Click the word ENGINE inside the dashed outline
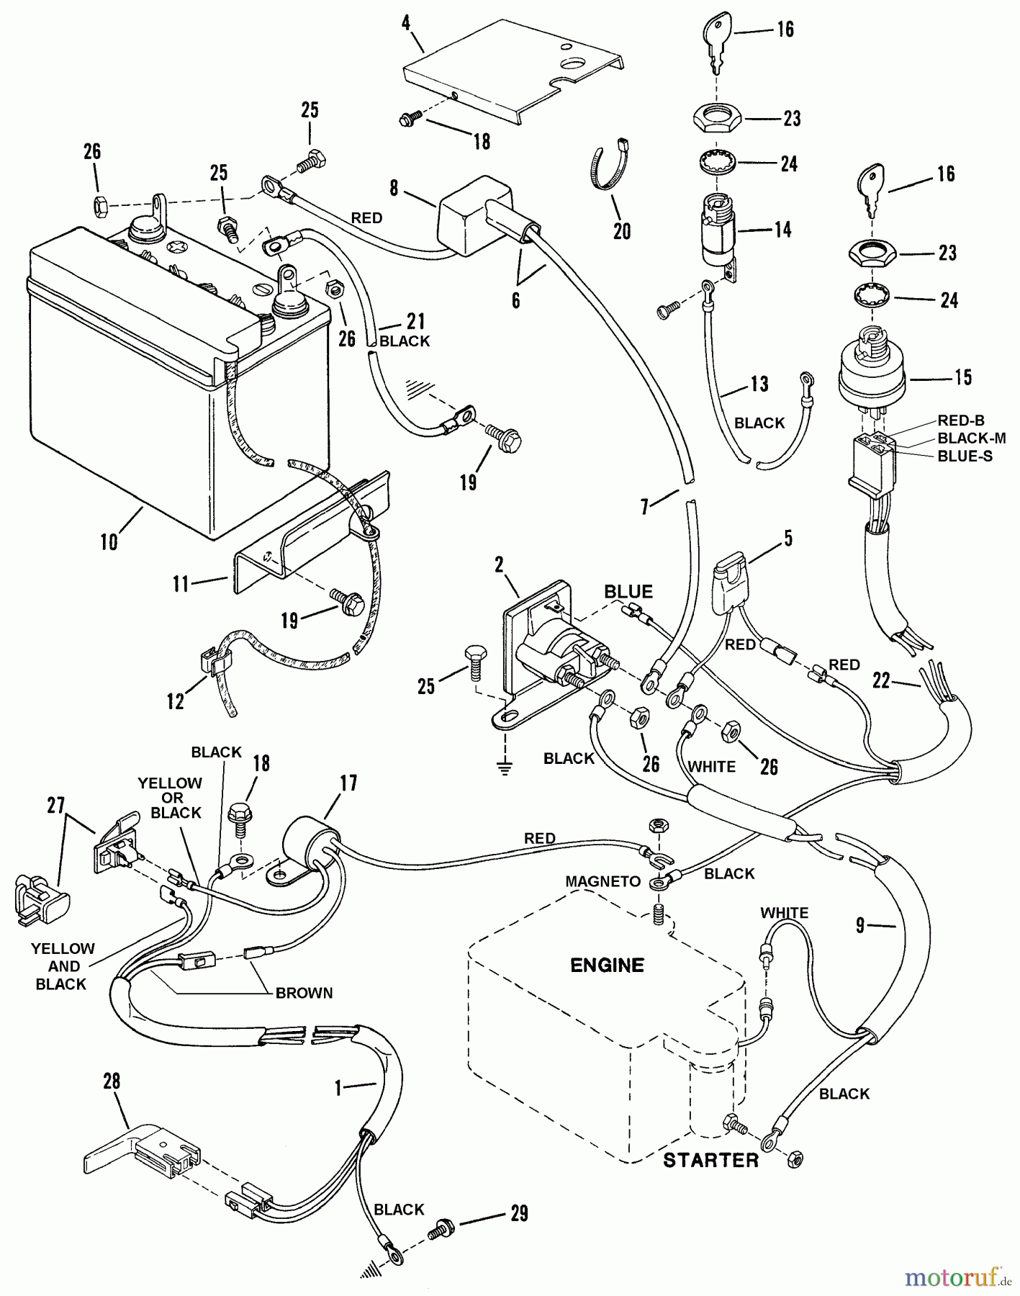tap(607, 965)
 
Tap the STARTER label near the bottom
tap(710, 1160)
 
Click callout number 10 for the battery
tap(109, 541)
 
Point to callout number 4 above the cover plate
tap(406, 22)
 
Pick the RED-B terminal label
tap(960, 420)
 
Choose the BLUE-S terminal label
tap(965, 456)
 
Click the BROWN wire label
tap(304, 993)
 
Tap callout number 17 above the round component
tap(348, 783)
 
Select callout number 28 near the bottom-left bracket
tap(112, 1081)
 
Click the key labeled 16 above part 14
tap(716, 40)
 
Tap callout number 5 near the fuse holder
tap(788, 539)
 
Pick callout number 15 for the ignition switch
tap(963, 377)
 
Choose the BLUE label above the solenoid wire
tap(628, 592)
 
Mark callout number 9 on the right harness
tap(859, 925)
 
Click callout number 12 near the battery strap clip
tap(176, 701)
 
